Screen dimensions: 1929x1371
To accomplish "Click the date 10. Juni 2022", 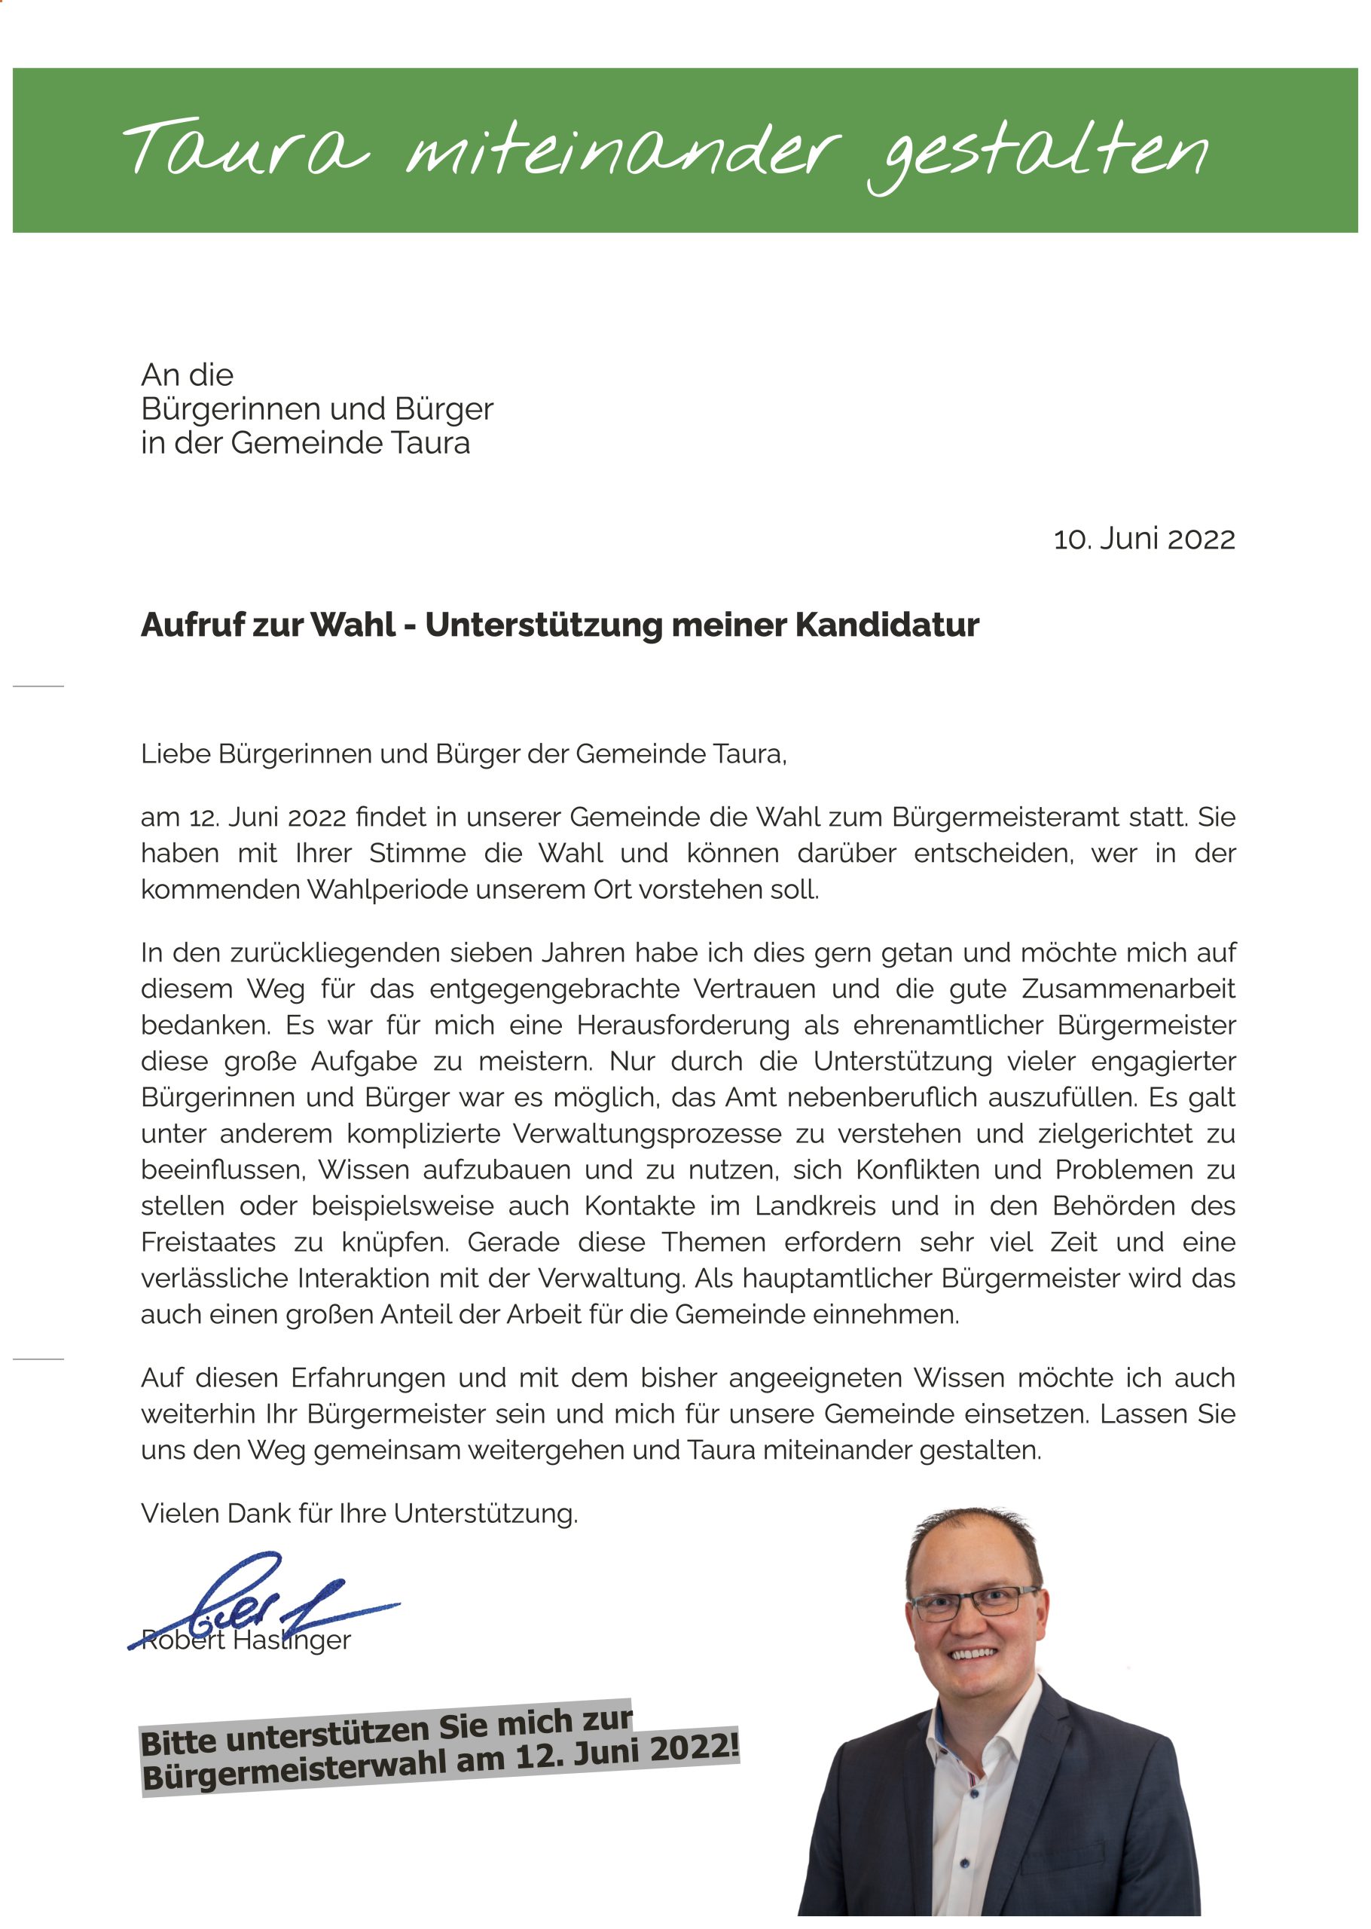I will click(1144, 540).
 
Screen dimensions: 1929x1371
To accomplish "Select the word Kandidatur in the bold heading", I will click(887, 625).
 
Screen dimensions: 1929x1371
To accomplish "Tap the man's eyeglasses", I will click(975, 1601).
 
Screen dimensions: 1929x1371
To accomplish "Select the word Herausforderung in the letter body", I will click(683, 1025).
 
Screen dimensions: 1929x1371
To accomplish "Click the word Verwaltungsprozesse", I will click(646, 1134).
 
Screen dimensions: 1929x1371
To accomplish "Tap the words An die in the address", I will click(188, 374).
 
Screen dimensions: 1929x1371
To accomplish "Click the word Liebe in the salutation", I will click(176, 754).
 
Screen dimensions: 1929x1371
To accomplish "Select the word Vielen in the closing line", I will click(178, 1514).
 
